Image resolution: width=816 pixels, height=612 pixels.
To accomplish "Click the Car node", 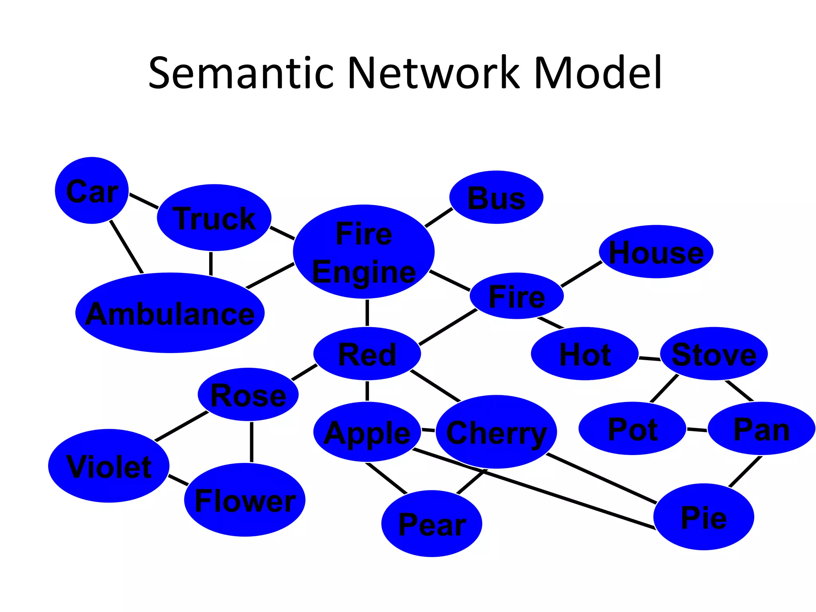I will click(x=92, y=190).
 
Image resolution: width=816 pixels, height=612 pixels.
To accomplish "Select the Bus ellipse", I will click(x=496, y=197).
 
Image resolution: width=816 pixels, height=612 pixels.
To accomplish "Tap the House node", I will click(x=656, y=252).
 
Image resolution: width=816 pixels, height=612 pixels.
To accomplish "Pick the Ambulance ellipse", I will click(x=170, y=313).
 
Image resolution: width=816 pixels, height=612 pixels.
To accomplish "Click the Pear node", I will click(x=432, y=524).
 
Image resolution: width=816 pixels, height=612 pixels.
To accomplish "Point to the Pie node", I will click(x=704, y=517).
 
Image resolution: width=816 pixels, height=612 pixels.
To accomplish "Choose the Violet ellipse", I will click(x=109, y=466).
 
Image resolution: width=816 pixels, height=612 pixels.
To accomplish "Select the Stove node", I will click(x=714, y=354).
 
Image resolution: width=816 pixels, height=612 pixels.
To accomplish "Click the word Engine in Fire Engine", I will click(x=364, y=272).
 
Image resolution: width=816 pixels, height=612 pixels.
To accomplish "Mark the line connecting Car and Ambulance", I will click(x=126, y=247).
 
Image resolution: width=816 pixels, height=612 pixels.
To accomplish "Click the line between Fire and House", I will click(x=581, y=274).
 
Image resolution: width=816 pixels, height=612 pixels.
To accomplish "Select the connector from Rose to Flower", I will click(x=251, y=442).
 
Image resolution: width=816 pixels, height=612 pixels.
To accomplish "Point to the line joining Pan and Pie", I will click(x=745, y=472).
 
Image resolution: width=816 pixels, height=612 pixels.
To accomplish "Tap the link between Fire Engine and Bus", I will click(x=439, y=218).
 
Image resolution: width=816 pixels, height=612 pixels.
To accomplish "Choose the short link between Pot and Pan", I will click(x=697, y=430).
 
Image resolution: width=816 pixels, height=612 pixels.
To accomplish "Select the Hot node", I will click(x=585, y=354).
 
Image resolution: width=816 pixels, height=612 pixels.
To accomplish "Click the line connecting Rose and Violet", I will click(x=181, y=426).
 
